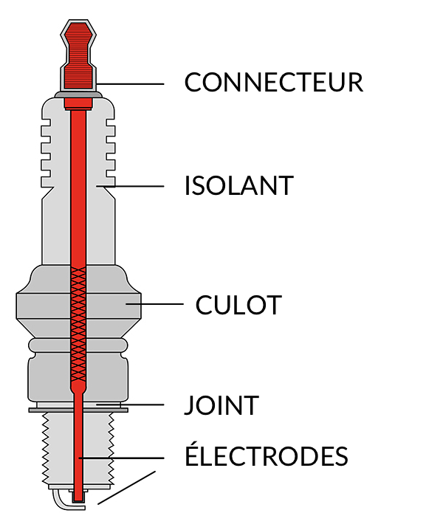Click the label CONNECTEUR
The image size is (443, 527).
[x=273, y=82]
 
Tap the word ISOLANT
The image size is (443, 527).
[x=238, y=185]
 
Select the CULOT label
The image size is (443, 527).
[x=238, y=304]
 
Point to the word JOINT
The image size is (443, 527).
[x=221, y=405]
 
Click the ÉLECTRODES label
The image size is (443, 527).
[x=266, y=455]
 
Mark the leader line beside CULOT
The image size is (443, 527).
[x=155, y=304]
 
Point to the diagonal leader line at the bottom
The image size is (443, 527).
[x=127, y=488]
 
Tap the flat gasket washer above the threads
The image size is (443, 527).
[x=44, y=409]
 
